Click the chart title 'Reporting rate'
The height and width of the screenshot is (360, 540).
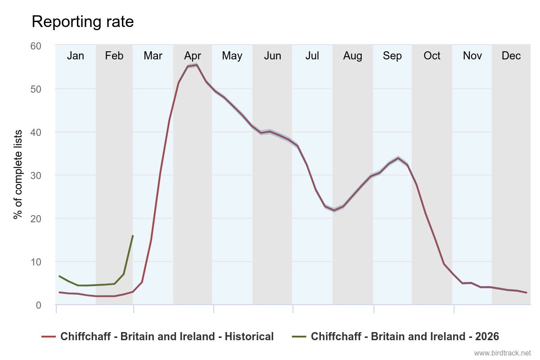(x=82, y=22)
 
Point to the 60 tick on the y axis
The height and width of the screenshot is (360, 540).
(x=36, y=46)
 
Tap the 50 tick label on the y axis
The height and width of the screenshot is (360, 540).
(x=36, y=89)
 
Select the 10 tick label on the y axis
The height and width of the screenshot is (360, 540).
(x=36, y=262)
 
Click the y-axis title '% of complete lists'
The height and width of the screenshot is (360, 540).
(x=18, y=175)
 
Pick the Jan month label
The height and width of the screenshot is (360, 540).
(x=75, y=56)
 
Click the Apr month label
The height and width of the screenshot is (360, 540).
(x=192, y=56)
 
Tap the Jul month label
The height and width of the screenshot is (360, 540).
(x=312, y=56)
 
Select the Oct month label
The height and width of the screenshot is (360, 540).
(x=432, y=56)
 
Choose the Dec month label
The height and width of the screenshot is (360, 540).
(x=511, y=56)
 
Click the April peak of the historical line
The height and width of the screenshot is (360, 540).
(x=197, y=65)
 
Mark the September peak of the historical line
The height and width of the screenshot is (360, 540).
(x=398, y=158)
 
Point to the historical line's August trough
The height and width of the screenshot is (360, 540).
(x=334, y=210)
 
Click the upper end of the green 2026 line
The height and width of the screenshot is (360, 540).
(x=133, y=236)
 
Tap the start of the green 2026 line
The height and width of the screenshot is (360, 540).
(x=59, y=276)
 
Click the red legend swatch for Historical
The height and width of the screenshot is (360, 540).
(x=48, y=337)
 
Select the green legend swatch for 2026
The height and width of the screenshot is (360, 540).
(x=299, y=337)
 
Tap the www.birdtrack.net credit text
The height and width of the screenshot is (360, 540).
(x=502, y=353)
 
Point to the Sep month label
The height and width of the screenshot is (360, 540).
(x=392, y=56)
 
